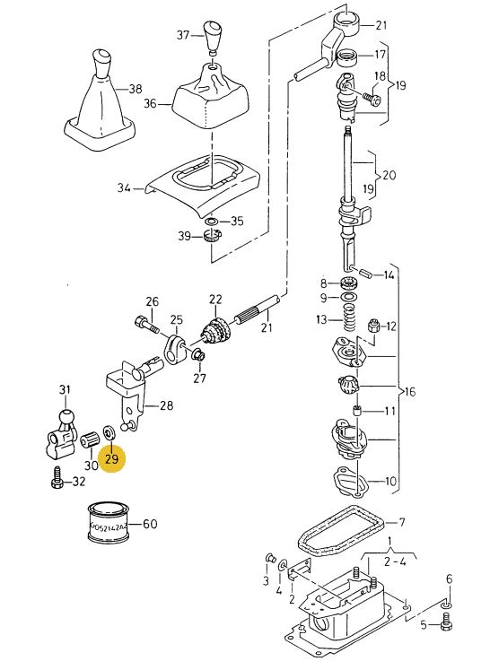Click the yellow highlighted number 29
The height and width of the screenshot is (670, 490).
[x=111, y=459]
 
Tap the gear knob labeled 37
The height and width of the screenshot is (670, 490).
[x=213, y=37]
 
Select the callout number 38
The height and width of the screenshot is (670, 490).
[x=136, y=89]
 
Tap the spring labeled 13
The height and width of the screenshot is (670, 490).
[x=350, y=318]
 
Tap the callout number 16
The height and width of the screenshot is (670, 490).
[x=409, y=391]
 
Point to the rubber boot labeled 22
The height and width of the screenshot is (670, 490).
[x=215, y=330]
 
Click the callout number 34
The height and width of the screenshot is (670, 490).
[x=124, y=187]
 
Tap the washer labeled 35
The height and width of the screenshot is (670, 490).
[x=211, y=222]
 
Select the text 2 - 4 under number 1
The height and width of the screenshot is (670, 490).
[x=394, y=561]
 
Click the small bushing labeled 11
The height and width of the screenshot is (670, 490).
[x=357, y=411]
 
